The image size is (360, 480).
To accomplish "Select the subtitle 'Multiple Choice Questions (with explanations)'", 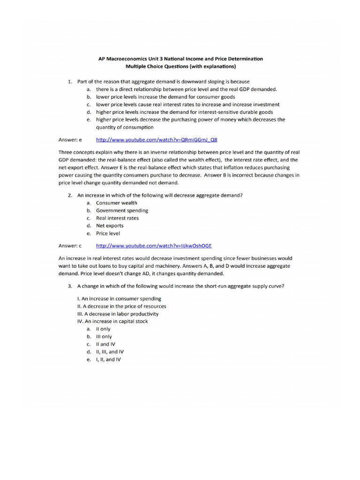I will pyautogui.click(x=180, y=67).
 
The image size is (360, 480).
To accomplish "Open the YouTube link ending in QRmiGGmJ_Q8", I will pyautogui.click(x=157, y=140).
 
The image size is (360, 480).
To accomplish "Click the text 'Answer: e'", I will pyautogui.click(x=70, y=140).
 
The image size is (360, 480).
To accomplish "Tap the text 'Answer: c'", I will pyautogui.click(x=70, y=245).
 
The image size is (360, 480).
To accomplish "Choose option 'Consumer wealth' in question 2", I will pyautogui.click(x=117, y=203).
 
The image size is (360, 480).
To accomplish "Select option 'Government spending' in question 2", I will pyautogui.click(x=122, y=210).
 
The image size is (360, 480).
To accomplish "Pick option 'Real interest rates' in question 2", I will pyautogui.click(x=117, y=218).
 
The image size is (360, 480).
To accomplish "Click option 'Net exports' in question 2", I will pyautogui.click(x=110, y=225).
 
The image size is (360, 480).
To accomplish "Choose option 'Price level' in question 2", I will pyautogui.click(x=108, y=233).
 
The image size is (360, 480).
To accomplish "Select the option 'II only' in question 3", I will pyautogui.click(x=103, y=329).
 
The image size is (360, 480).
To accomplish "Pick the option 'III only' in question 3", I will pyautogui.click(x=104, y=337).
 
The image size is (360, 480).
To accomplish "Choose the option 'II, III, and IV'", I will pyautogui.click(x=110, y=352).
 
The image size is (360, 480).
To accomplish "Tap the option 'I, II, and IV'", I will pyautogui.click(x=108, y=359).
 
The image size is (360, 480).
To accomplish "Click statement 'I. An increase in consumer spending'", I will pyautogui.click(x=119, y=299).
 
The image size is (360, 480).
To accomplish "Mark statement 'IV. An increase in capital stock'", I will pyautogui.click(x=112, y=321).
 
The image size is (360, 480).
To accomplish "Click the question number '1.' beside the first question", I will pyautogui.click(x=70, y=82).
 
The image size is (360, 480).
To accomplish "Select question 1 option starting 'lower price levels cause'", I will pyautogui.click(x=187, y=105).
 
